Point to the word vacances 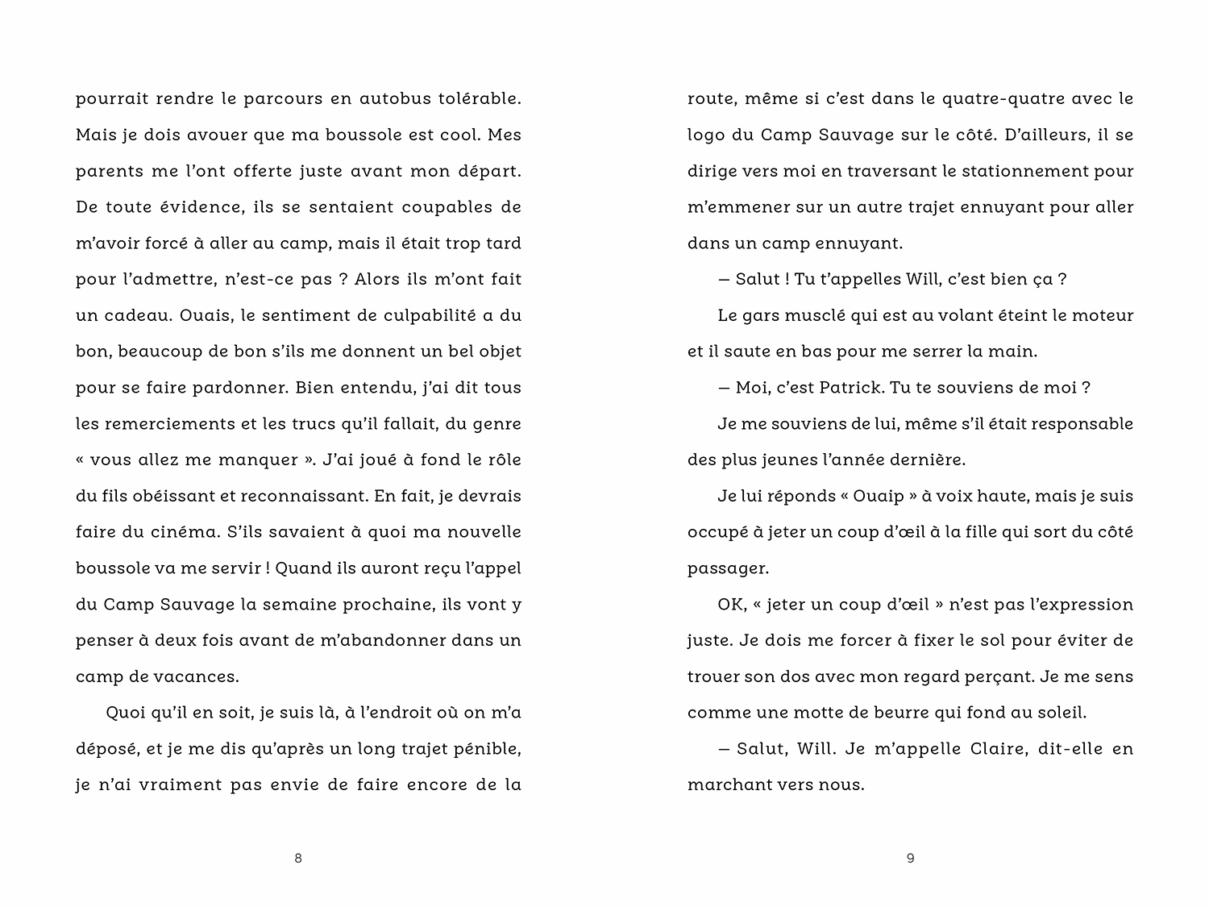pos(201,677)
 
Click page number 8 pos(298,859)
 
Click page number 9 pos(911,859)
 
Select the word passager pos(728,569)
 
